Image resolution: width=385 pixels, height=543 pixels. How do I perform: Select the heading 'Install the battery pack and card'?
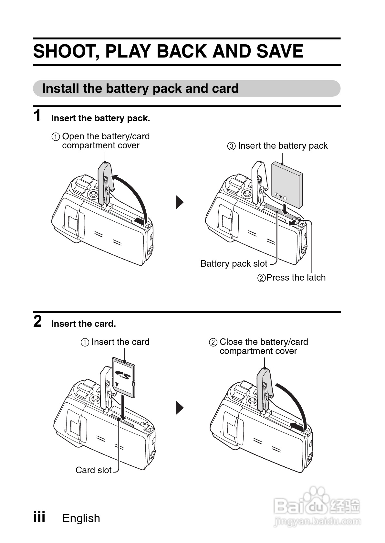pyautogui.click(x=140, y=89)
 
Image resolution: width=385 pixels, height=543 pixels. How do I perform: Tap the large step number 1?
pyautogui.click(x=37, y=116)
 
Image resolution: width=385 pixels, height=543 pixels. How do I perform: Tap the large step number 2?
pyautogui.click(x=37, y=321)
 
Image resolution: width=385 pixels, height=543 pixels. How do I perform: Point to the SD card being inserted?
pyautogui.click(x=124, y=377)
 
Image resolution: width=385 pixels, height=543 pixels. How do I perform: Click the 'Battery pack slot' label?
pyautogui.click(x=234, y=264)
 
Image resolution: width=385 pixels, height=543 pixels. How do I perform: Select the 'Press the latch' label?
pyautogui.click(x=296, y=278)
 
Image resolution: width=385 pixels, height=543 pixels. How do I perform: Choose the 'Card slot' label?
pyautogui.click(x=93, y=470)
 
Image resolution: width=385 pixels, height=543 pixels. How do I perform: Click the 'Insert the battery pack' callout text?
pyautogui.click(x=282, y=146)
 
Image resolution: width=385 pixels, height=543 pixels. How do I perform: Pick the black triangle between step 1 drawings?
pyautogui.click(x=179, y=202)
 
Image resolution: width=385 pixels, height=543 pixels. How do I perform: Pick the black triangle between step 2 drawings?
pyautogui.click(x=179, y=408)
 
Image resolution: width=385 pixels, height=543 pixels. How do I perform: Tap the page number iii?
pyautogui.click(x=39, y=516)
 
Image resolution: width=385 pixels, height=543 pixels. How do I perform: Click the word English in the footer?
pyautogui.click(x=81, y=518)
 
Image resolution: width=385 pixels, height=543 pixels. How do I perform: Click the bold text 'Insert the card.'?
pyautogui.click(x=83, y=324)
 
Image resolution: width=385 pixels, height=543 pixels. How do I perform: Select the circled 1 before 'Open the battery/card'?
pyautogui.click(x=56, y=137)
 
